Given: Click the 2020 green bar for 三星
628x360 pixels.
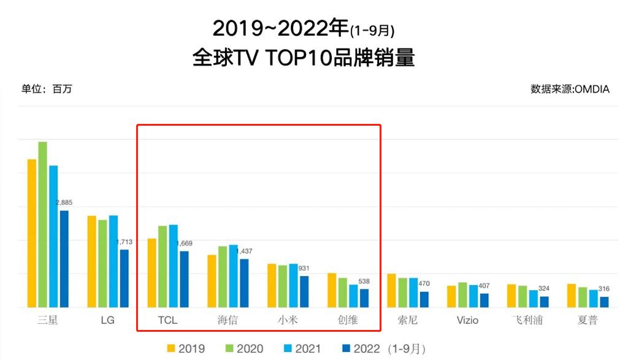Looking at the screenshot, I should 43,224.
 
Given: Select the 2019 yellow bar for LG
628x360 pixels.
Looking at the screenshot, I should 91,261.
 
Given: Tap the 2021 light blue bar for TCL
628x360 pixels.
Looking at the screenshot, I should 174,266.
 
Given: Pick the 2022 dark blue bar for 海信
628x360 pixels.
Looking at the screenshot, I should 244,283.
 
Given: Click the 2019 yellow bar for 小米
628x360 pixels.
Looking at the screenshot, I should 272,285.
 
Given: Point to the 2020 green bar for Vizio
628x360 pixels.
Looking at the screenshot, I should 462,294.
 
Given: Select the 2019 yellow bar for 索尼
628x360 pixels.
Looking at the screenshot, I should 391,290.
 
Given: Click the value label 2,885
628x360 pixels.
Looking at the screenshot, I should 65,202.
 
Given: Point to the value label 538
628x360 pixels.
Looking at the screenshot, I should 364,281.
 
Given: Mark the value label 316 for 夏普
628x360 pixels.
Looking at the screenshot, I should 604,289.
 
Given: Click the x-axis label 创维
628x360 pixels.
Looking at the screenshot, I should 348,320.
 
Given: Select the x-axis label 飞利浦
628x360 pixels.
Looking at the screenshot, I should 527,320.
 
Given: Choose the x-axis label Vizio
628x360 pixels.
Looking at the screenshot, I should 467,320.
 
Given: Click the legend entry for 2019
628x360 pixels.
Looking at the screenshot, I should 186,349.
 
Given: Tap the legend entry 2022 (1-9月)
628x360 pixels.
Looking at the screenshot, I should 383,349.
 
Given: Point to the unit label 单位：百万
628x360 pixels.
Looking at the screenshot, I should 47,89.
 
